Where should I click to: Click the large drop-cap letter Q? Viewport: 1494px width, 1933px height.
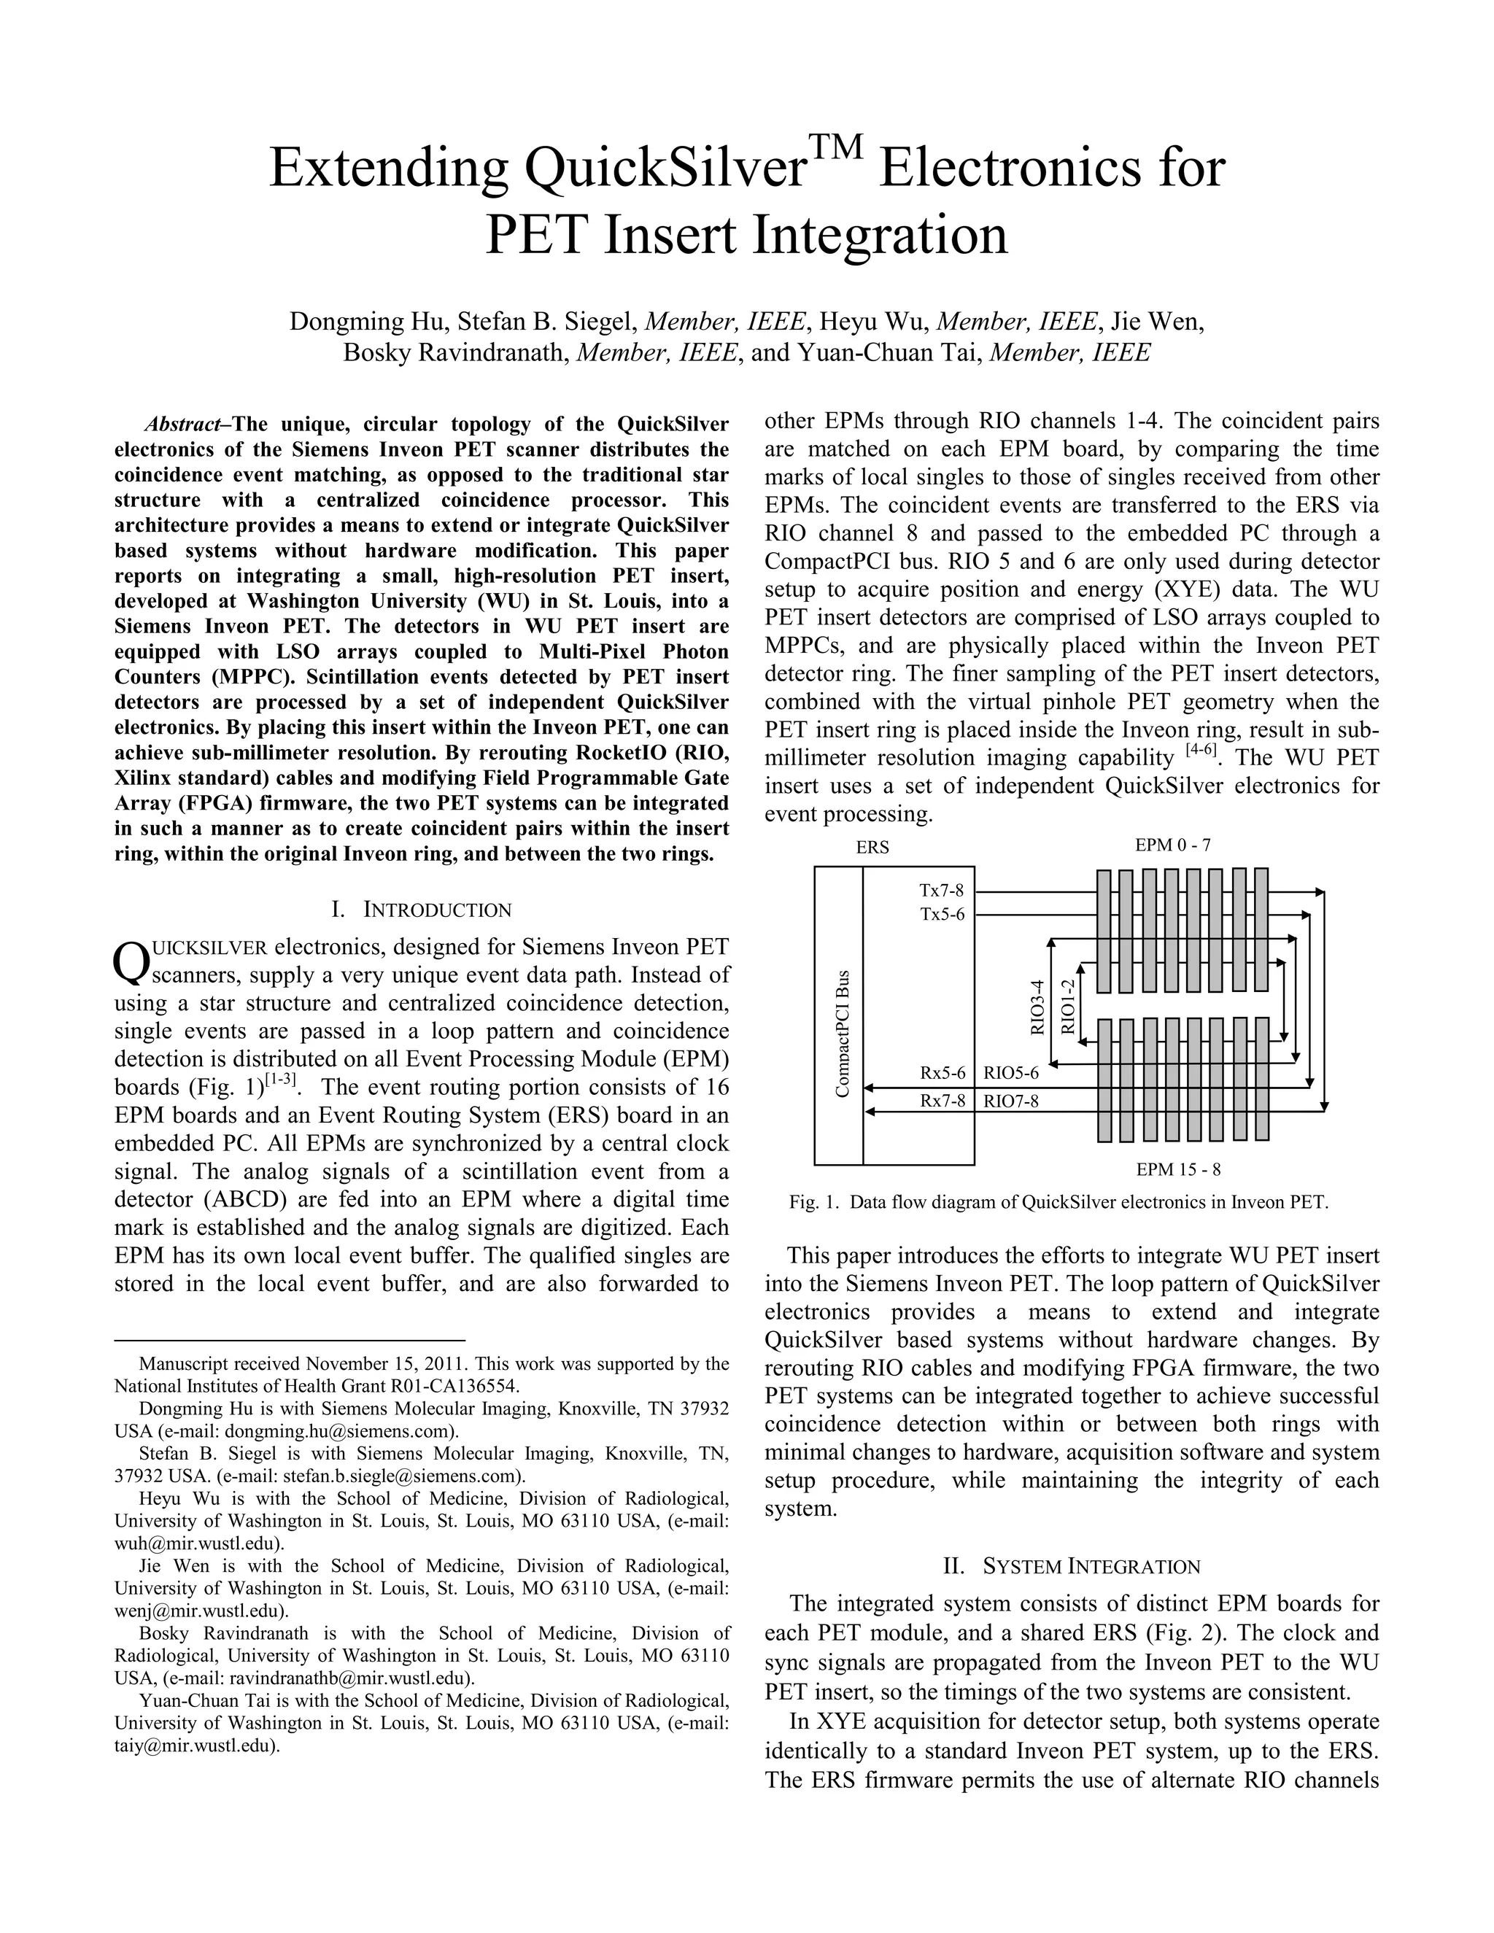(129, 964)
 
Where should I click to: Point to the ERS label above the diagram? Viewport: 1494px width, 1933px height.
(872, 847)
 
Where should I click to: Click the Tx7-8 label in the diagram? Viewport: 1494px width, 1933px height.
(942, 891)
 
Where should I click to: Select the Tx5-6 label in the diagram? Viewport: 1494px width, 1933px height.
(942, 913)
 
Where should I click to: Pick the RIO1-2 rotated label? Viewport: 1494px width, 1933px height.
(1067, 1007)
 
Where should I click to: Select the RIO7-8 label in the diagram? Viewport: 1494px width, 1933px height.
(1011, 1100)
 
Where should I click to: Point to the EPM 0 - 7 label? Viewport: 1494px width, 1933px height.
(1173, 845)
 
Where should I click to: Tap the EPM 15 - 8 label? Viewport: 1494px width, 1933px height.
(1178, 1169)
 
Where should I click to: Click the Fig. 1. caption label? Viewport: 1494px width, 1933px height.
(813, 1203)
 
